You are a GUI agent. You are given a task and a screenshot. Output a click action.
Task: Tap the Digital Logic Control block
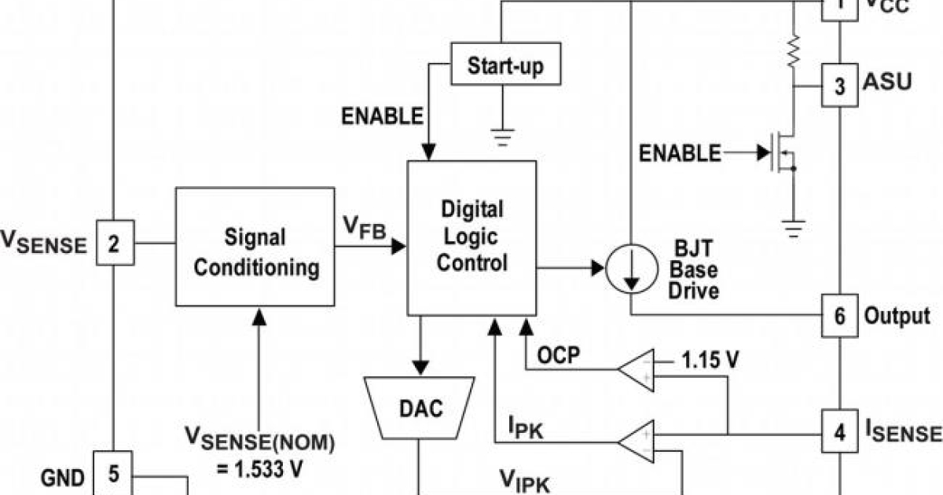point(472,236)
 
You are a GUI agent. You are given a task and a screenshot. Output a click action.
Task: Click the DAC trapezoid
point(420,408)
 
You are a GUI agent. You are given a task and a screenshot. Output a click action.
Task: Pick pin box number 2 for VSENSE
point(115,243)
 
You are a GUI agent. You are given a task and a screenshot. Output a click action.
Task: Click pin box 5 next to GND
point(114,474)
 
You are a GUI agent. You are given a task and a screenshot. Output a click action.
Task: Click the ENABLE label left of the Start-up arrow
point(382,116)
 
